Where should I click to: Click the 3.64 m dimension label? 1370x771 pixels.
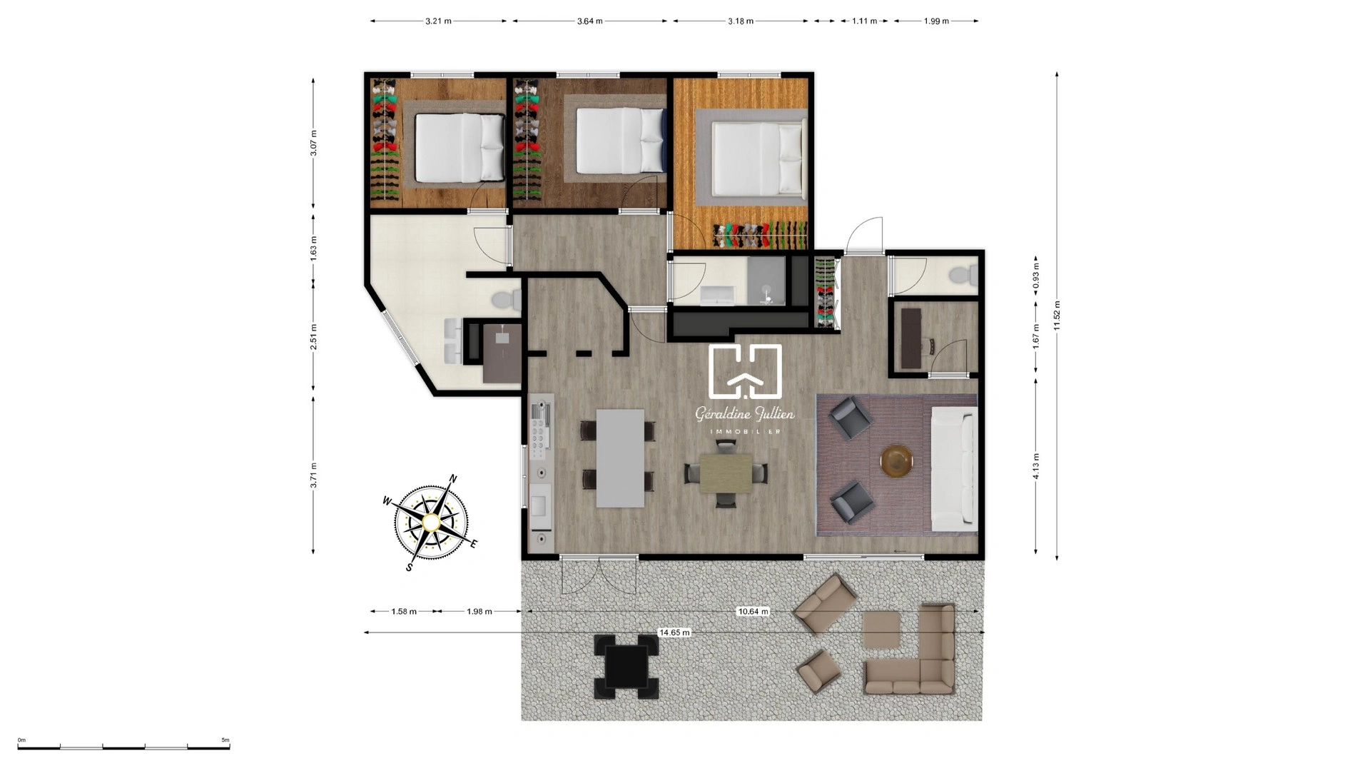click(589, 21)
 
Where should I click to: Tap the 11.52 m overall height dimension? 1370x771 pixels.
click(1057, 315)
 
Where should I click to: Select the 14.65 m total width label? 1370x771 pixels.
click(674, 633)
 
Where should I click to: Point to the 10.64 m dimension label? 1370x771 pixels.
click(753, 611)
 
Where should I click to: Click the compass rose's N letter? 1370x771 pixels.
click(452, 479)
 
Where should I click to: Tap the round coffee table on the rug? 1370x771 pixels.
click(896, 460)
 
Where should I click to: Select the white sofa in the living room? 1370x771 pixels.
click(953, 468)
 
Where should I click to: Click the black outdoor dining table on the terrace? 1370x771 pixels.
click(626, 666)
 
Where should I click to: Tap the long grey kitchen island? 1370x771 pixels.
click(619, 458)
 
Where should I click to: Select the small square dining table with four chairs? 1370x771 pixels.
click(726, 473)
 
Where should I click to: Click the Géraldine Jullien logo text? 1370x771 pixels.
click(744, 414)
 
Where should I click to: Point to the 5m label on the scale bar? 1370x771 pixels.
click(225, 740)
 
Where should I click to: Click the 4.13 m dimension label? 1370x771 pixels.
click(1036, 466)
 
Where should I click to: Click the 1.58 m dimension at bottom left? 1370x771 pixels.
click(404, 611)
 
